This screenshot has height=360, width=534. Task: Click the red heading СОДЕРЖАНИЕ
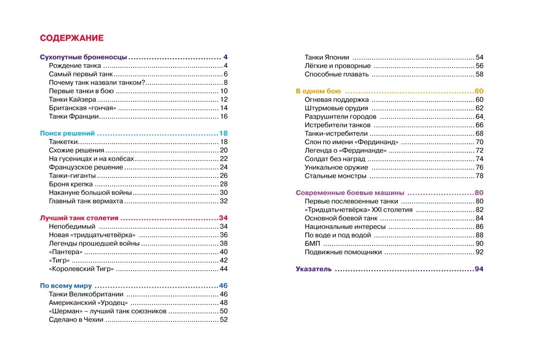click(x=72, y=38)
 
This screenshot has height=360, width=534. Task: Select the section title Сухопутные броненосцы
click(x=84, y=57)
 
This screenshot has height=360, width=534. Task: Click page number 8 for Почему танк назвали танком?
click(x=226, y=83)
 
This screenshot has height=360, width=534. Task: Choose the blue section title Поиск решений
click(x=68, y=133)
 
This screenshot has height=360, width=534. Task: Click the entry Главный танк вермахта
click(x=86, y=201)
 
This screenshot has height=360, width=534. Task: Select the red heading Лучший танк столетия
click(x=79, y=218)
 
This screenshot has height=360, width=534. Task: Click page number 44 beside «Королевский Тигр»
click(x=224, y=269)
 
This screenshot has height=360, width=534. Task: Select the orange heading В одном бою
click(x=318, y=91)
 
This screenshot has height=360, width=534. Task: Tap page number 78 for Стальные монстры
click(x=479, y=176)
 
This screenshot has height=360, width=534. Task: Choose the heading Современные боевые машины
click(x=350, y=193)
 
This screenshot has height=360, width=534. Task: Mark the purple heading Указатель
click(x=314, y=269)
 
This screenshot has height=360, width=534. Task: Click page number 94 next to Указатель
click(x=478, y=269)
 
